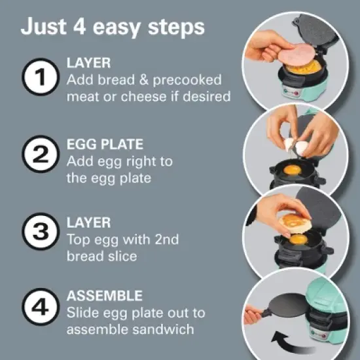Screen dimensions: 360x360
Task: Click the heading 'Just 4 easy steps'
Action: (x=113, y=28)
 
